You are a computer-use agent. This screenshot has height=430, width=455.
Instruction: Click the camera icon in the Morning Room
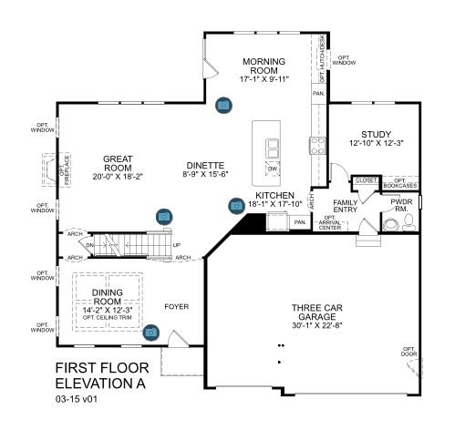pos(223,106)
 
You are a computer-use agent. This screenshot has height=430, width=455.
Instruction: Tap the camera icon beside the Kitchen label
pos(235,205)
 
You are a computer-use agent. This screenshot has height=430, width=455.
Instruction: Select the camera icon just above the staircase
pos(164,216)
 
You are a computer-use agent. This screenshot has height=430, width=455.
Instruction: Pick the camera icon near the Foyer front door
pos(150,333)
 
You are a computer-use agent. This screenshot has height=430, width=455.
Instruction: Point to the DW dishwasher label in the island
pos(272,169)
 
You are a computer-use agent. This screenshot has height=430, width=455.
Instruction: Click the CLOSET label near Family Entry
pos(365,180)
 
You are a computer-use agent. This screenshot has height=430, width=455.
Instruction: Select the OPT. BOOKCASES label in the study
pos(399,183)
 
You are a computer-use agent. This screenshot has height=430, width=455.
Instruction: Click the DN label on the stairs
pos(89,246)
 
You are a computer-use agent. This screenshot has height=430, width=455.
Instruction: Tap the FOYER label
pos(176,307)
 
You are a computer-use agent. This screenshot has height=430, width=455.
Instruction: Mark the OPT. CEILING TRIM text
pos(108,316)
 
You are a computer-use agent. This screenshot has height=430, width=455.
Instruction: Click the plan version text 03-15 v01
pos(76,398)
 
